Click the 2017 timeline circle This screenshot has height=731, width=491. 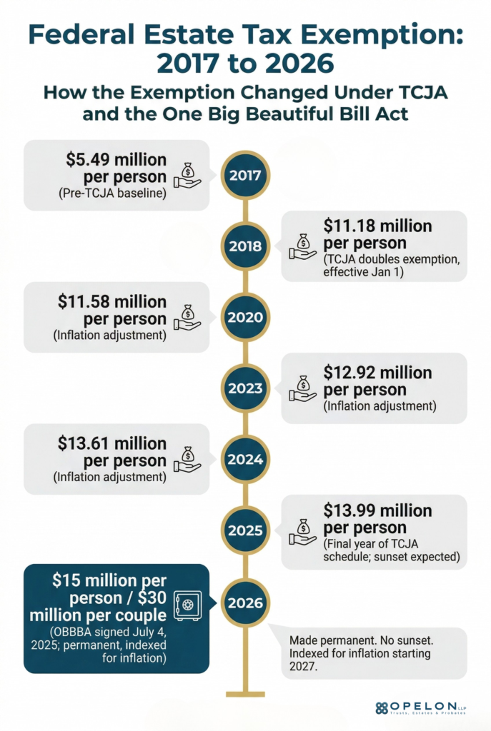[x=245, y=175]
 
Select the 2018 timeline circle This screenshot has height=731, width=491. [x=245, y=246]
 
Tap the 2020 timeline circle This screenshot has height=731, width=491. [x=245, y=318]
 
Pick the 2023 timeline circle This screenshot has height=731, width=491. [x=245, y=388]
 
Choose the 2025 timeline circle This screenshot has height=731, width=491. [x=245, y=530]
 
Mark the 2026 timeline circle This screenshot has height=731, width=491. [x=245, y=602]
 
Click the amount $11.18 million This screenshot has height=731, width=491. [x=377, y=226]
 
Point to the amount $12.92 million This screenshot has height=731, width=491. [x=377, y=373]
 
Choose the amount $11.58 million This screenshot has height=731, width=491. [x=112, y=301]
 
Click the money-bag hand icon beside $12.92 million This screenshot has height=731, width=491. [x=302, y=390]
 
